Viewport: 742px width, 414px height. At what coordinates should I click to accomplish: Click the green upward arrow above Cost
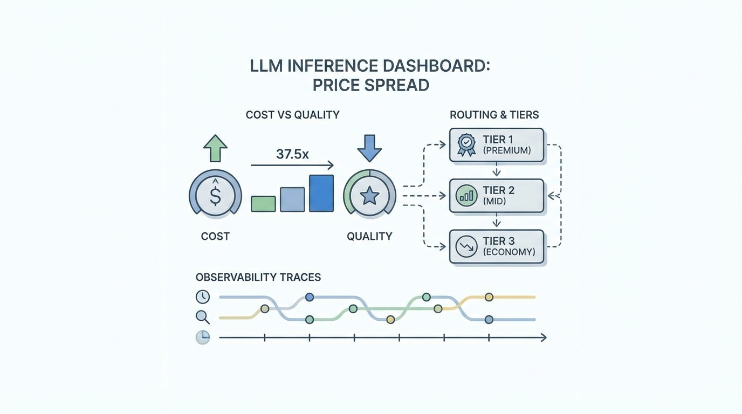(215, 148)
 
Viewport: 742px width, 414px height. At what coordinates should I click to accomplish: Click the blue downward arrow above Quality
(369, 148)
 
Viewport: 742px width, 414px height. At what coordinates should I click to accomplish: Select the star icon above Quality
(369, 196)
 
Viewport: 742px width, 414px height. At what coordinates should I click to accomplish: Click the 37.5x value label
(292, 154)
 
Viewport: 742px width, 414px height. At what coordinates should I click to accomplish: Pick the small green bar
(263, 204)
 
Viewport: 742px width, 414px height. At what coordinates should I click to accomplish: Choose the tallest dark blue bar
(321, 193)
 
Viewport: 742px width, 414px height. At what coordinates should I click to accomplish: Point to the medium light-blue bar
(292, 199)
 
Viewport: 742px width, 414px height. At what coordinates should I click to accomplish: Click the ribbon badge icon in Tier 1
(466, 145)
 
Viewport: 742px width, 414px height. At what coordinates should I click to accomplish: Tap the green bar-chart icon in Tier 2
(466, 196)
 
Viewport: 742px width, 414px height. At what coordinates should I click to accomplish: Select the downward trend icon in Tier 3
(466, 246)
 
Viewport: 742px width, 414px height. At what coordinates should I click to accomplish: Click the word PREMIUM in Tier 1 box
(507, 151)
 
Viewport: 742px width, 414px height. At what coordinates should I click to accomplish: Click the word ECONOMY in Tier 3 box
(509, 252)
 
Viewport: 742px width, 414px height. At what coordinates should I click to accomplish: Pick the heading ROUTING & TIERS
(494, 115)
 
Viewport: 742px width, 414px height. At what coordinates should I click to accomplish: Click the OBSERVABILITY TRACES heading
(258, 278)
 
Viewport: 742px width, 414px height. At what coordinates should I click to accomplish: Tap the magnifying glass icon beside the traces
(203, 317)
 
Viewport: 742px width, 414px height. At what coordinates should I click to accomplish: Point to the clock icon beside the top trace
(203, 296)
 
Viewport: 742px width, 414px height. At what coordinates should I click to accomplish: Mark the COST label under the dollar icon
(215, 236)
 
